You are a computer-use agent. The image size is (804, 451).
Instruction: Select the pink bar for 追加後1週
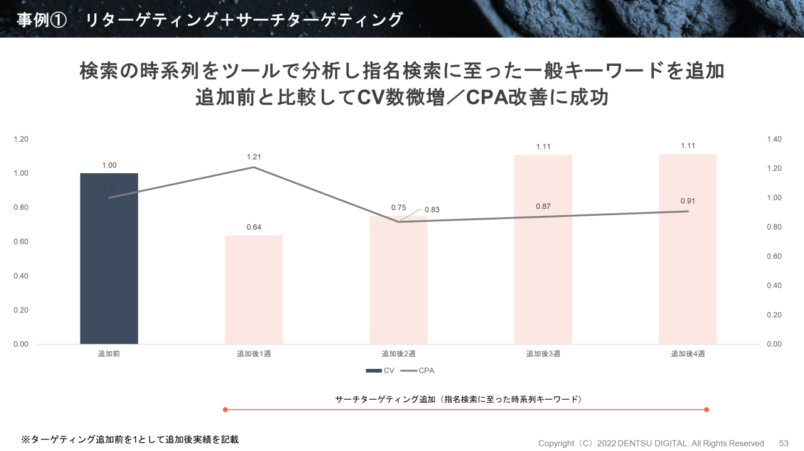(254, 289)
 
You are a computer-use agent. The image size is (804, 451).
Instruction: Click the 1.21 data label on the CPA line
(254, 157)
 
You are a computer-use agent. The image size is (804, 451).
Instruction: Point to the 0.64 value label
(254, 227)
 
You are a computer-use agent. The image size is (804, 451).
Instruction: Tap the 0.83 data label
(432, 210)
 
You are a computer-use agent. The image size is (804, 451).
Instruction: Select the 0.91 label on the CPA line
(688, 201)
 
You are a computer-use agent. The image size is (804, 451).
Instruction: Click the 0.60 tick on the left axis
(21, 241)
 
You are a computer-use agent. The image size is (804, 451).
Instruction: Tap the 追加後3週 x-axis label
(543, 354)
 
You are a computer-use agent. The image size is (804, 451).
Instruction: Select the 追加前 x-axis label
(109, 354)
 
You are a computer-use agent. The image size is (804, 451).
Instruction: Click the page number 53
(783, 443)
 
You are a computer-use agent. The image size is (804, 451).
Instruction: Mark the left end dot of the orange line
(225, 410)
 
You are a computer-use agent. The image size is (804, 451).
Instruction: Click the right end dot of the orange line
(707, 410)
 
